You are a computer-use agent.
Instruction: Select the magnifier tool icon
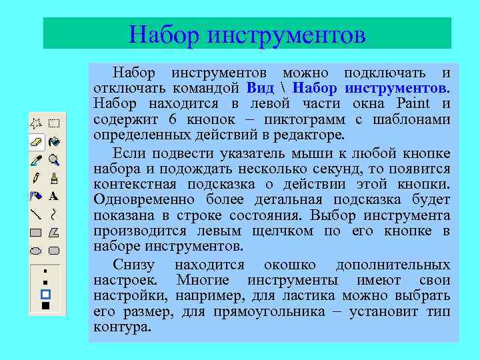[x=54, y=160]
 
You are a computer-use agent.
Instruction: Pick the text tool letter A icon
[x=54, y=197]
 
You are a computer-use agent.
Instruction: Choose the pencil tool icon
[x=37, y=178]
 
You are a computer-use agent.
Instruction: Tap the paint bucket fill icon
[x=54, y=141]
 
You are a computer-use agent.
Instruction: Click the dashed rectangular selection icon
[x=54, y=123]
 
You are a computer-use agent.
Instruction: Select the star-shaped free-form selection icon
[x=37, y=123]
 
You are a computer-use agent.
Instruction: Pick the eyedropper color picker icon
[x=37, y=160]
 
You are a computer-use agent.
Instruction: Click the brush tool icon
[x=54, y=178]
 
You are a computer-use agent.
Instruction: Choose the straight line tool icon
[x=37, y=215]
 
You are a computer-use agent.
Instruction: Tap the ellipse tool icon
[x=37, y=251]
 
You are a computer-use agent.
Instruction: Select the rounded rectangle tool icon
[x=54, y=251]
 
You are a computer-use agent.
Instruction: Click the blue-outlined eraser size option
[x=45, y=294]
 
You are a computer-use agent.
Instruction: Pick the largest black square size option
[x=45, y=306]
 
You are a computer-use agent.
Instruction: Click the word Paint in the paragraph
[x=413, y=104]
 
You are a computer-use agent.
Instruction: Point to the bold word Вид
[x=260, y=88]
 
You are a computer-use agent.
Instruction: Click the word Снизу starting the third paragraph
[x=132, y=264]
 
